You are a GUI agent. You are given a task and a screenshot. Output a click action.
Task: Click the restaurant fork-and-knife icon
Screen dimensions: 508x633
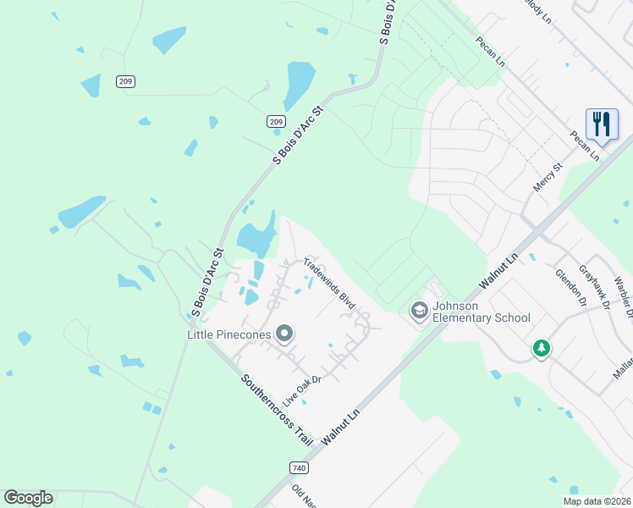click(x=602, y=124)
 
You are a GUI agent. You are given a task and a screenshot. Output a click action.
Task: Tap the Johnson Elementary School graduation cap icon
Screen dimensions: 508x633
click(x=419, y=311)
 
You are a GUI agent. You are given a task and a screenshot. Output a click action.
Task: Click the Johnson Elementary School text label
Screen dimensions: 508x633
click(x=481, y=312)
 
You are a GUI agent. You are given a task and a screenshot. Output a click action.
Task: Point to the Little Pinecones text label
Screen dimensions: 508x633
click(x=228, y=334)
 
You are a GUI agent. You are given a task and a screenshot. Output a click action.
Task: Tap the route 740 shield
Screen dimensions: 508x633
click(x=299, y=467)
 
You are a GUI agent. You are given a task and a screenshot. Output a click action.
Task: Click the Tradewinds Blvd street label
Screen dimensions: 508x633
click(x=328, y=283)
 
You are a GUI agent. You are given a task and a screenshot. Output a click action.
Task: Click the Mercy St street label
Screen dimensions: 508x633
click(x=548, y=179)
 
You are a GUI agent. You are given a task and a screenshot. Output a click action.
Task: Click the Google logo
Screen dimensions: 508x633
click(x=28, y=498)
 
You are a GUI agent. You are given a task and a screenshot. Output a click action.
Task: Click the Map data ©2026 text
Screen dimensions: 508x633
click(x=597, y=501)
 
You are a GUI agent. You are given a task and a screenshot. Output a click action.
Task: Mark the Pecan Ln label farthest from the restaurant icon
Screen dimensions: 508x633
click(x=491, y=52)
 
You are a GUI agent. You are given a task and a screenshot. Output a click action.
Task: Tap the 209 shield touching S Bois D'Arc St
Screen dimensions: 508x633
click(x=276, y=122)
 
